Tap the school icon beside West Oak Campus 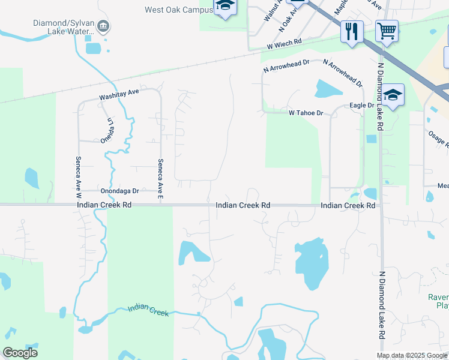(x=225, y=6)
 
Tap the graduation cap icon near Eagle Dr (x=393, y=95)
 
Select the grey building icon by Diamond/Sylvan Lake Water (x=103, y=26)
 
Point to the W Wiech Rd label (x=284, y=43)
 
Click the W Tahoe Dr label (x=306, y=113)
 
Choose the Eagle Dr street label (x=362, y=106)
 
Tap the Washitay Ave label (x=119, y=94)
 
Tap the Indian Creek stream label (x=148, y=310)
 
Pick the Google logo (x=20, y=353)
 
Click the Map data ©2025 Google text (x=412, y=356)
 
